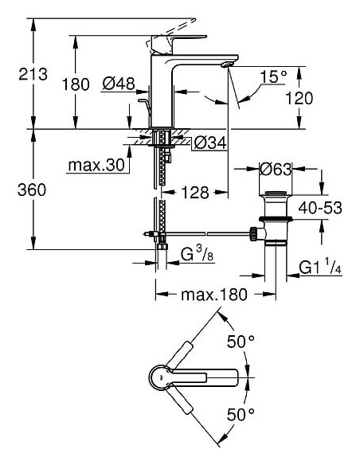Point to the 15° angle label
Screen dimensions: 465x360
point(273,77)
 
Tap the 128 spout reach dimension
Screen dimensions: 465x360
point(194,191)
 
